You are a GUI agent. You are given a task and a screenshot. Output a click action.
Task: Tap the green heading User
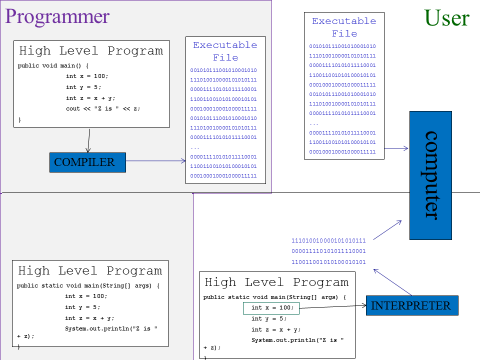tap(446, 17)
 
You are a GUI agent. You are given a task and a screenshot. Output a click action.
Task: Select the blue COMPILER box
tap(84, 162)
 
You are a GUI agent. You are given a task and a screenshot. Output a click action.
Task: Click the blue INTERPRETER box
tap(411, 306)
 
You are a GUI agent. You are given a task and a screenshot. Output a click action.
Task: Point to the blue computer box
tap(430, 189)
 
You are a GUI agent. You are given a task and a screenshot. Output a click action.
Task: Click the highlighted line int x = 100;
tap(272, 309)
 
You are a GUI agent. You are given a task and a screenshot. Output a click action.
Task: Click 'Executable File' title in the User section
tap(344, 27)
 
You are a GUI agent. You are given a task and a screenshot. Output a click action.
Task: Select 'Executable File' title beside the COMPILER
tap(225, 51)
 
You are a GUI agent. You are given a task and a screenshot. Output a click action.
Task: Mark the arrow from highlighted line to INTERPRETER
tap(333, 307)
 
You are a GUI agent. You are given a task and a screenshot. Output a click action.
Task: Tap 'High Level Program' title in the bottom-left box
tap(90, 271)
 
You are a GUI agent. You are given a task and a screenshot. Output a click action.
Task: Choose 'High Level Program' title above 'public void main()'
tap(90, 51)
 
